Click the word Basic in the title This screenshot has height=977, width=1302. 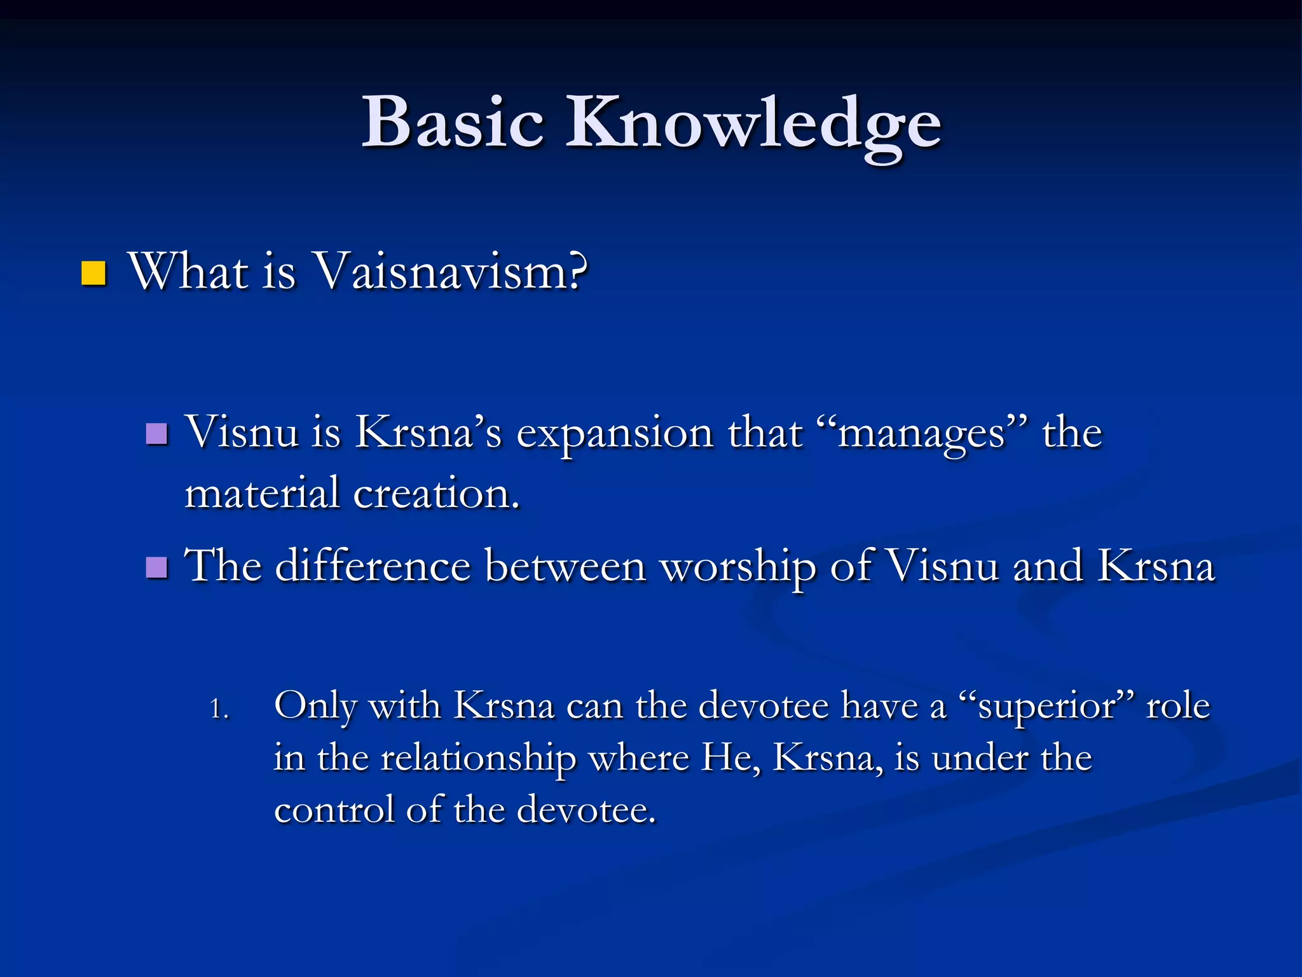point(453,122)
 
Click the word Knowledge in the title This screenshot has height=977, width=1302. point(753,124)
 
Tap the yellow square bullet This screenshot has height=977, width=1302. point(93,274)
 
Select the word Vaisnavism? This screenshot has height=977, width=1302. point(451,272)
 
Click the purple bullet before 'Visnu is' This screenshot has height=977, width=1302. point(156,434)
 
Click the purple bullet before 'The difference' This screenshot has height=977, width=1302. point(156,567)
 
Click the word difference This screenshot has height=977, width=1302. point(373,565)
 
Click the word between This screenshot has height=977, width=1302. point(565,565)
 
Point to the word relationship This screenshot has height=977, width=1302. point(478,759)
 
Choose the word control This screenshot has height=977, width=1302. point(334,810)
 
